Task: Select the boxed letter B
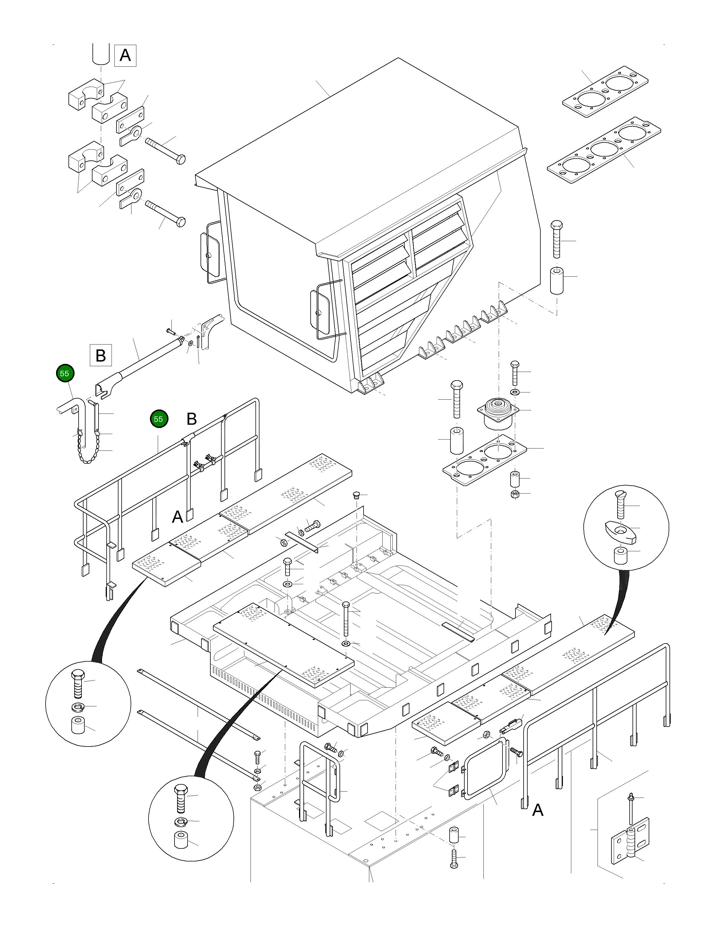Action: point(101,355)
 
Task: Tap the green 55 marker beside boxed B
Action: point(64,373)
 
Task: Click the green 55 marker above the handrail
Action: point(158,419)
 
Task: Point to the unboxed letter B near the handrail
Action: point(192,419)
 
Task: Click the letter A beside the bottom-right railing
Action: point(538,810)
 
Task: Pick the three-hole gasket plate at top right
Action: point(604,150)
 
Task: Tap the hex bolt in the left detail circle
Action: point(78,682)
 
